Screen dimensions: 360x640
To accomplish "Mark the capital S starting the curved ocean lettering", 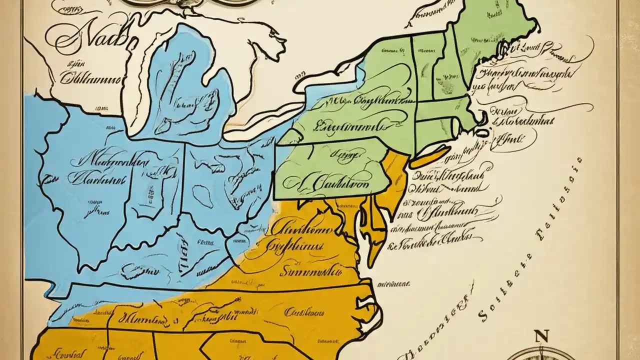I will [483, 314].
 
